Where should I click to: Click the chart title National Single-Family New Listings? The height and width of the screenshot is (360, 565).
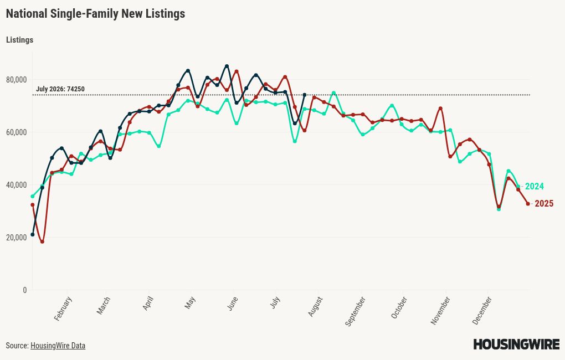coord(95,14)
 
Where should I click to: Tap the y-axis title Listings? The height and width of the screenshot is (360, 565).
coord(19,40)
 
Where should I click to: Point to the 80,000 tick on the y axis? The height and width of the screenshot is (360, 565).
coord(16,80)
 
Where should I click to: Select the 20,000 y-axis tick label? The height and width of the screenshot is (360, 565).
coord(16,238)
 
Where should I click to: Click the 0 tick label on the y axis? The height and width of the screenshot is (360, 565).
coord(24,290)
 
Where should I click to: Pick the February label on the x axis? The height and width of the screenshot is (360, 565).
coord(63,309)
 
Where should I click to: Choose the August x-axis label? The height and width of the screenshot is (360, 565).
coord(315,307)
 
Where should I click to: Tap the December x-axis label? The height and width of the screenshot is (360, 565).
coord(482,311)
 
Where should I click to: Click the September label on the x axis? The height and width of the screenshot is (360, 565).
coord(355,311)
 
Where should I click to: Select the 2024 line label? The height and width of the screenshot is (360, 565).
coord(534,186)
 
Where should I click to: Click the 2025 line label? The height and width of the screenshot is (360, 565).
coord(544,204)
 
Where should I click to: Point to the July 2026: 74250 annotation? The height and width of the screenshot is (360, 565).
coord(60,89)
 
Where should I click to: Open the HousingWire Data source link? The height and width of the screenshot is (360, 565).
coord(58,346)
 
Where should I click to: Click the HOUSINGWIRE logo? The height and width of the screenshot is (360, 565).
coord(516,344)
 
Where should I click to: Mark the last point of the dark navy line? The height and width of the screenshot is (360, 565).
coord(305,95)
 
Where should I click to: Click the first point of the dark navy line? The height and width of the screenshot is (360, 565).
coord(33,235)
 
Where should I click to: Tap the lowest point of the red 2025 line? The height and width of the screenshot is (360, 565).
coord(42,242)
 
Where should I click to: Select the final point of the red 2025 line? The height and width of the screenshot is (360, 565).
coord(528,204)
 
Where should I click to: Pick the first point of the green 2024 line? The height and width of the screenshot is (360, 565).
coord(33,197)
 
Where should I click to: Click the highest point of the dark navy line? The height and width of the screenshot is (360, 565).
coord(227,66)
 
